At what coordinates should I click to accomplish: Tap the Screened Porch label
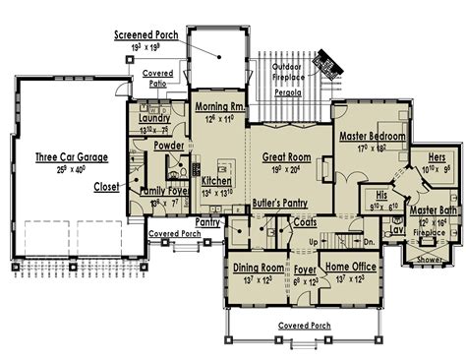tap(146, 33)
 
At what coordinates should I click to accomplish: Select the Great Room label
tap(286, 156)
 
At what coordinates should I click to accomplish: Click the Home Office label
tap(350, 268)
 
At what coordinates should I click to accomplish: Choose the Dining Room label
tap(258, 268)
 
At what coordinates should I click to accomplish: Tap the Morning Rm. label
tap(219, 107)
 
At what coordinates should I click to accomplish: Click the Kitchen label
tap(216, 182)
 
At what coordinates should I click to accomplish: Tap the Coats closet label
tap(305, 223)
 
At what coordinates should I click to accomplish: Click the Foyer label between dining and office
tap(304, 268)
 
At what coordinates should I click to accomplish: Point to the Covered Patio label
tap(158, 78)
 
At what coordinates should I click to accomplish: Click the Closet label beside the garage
tap(107, 186)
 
